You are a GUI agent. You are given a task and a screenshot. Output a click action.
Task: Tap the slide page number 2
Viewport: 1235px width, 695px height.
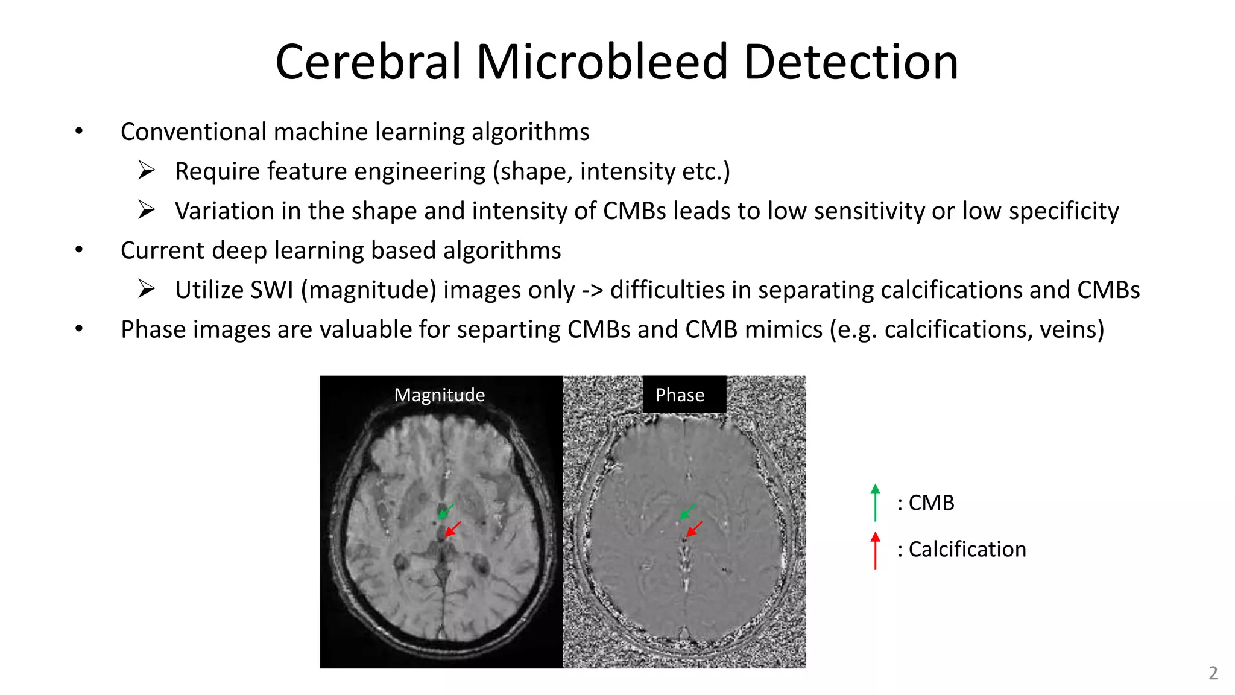click(1213, 673)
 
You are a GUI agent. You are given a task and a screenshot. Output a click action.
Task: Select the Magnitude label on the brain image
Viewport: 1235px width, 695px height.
click(439, 395)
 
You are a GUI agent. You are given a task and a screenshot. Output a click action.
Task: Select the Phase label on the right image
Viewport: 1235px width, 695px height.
click(680, 395)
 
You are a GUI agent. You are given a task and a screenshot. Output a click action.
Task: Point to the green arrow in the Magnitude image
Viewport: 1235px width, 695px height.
click(446, 512)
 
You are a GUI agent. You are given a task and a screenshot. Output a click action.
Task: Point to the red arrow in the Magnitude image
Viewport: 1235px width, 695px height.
click(453, 529)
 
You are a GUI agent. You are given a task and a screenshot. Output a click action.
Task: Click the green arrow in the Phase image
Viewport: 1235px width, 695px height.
click(687, 512)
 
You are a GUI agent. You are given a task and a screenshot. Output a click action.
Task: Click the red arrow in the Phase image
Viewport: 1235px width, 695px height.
click(694, 529)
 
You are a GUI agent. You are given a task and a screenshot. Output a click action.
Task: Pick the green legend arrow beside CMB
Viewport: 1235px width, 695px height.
click(875, 502)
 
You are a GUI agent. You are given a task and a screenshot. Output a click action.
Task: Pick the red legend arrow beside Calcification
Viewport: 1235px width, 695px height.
click(875, 550)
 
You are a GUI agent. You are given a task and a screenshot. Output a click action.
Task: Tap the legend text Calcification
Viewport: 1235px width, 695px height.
click(967, 550)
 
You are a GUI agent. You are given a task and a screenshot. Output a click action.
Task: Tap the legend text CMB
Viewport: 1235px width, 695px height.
click(931, 503)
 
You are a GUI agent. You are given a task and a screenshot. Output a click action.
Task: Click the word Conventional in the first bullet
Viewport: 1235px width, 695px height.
click(193, 132)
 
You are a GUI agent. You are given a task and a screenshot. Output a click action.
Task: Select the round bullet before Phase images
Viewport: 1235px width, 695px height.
click(79, 329)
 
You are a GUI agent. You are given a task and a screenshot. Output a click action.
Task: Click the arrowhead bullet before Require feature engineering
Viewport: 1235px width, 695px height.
click(147, 171)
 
